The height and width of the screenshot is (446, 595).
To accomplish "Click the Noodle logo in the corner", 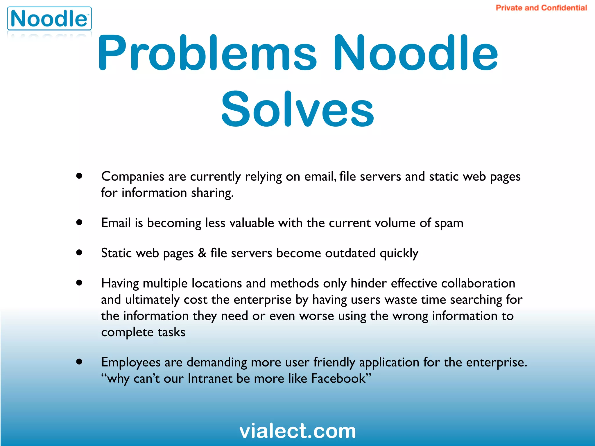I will point(49,19).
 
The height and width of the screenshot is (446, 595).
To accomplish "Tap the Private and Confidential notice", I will point(541,8).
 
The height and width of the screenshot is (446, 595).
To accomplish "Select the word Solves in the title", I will point(297,109).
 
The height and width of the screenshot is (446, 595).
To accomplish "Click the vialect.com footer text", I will point(297,431).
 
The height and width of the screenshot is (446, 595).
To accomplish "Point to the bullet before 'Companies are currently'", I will point(79,176).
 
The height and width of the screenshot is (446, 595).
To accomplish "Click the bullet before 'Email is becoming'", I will point(79,222).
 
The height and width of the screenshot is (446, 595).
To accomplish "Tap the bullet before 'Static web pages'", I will point(79,252).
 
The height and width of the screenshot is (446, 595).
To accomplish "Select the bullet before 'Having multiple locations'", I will point(79,283).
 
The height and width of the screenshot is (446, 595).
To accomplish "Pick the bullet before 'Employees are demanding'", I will point(79,362).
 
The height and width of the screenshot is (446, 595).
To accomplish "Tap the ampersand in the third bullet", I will point(202,253).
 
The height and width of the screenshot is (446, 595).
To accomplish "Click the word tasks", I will point(171,332).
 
